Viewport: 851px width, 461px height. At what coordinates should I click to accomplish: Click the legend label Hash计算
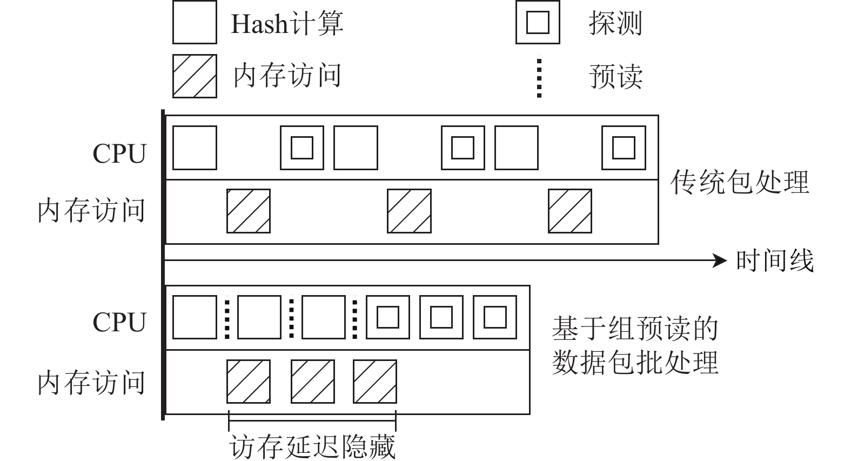[287, 24]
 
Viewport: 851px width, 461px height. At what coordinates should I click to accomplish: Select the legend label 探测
[615, 24]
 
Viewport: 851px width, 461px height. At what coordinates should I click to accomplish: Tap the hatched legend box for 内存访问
[195, 76]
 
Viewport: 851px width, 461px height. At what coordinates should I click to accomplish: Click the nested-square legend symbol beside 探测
[538, 22]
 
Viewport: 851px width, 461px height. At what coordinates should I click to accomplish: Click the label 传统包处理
[739, 182]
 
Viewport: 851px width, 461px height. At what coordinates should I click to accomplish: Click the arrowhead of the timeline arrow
[721, 261]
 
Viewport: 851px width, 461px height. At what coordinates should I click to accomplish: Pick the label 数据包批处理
[634, 362]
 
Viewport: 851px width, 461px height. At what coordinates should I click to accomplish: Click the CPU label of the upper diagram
[119, 154]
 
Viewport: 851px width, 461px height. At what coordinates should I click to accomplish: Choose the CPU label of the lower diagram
[119, 323]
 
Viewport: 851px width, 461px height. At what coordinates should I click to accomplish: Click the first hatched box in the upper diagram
[248, 211]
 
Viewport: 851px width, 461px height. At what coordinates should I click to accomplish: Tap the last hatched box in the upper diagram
[569, 211]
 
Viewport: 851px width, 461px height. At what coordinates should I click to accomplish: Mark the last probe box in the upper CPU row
[624, 148]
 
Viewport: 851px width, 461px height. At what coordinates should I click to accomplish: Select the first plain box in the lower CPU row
[195, 317]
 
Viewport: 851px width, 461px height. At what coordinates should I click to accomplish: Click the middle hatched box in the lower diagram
[312, 382]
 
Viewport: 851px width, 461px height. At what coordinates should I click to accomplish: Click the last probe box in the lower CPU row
[494, 317]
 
